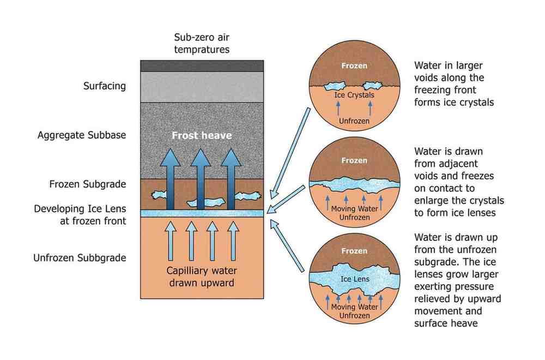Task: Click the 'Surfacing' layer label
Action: [x=104, y=86]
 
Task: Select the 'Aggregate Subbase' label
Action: [x=82, y=135]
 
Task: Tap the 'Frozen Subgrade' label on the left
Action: [x=87, y=184]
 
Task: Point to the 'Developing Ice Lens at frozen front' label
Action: [x=80, y=215]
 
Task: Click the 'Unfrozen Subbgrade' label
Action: [x=80, y=258]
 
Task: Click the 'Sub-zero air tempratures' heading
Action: [x=202, y=44]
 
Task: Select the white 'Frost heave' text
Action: [x=202, y=135]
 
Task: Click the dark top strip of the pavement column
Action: [x=202, y=65]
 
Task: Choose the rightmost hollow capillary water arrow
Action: [x=233, y=240]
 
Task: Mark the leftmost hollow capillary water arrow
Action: [x=170, y=240]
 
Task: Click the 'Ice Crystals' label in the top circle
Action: [x=354, y=95]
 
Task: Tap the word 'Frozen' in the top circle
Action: [x=354, y=66]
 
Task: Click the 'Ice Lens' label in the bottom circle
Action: [x=355, y=279]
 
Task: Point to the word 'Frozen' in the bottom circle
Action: [x=354, y=251]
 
